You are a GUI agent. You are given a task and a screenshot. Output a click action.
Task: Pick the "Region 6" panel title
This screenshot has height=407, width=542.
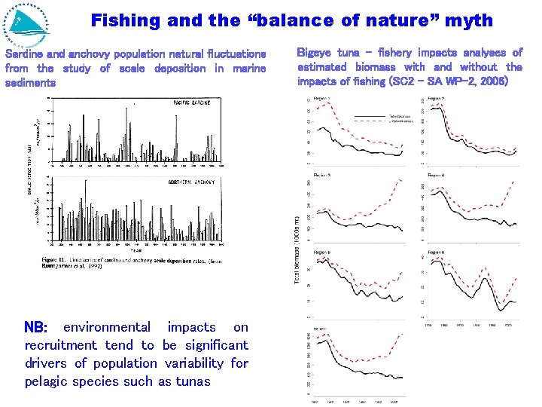coord(437,252)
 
